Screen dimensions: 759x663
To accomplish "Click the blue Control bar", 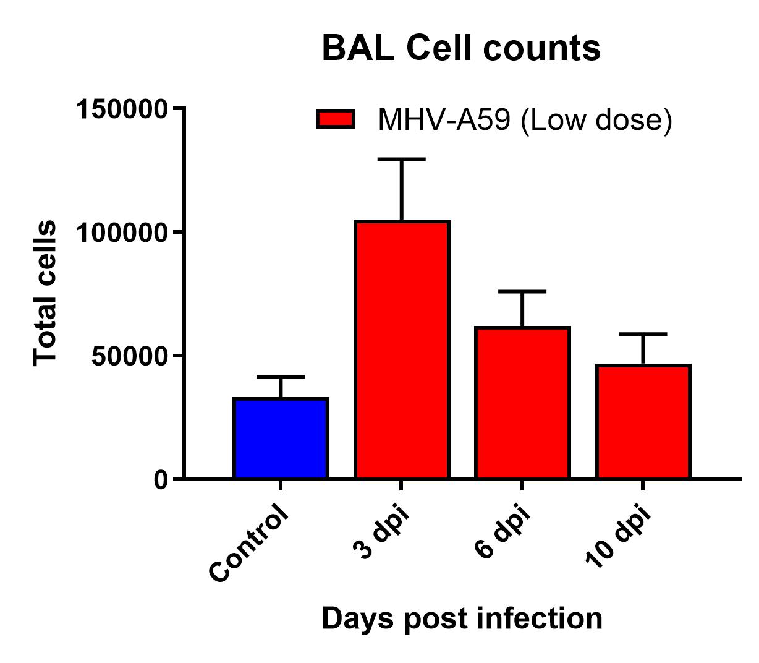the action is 281,438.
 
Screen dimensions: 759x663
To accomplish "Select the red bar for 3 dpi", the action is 402,349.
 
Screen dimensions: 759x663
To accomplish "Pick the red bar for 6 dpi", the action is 522,403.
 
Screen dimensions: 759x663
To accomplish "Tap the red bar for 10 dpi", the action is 643,422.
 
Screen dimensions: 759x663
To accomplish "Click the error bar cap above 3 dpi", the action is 402,159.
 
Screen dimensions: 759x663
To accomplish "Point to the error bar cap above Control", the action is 281,377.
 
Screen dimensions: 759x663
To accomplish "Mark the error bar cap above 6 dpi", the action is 522,292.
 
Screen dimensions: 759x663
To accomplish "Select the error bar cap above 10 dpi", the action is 643,334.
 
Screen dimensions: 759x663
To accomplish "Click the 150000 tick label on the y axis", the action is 121,109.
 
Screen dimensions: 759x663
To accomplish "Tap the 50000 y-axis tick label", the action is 129,356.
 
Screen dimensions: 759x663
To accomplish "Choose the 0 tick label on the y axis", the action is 160,481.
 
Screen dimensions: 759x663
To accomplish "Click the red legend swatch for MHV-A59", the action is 336,119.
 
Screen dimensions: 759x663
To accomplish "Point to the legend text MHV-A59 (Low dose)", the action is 525,120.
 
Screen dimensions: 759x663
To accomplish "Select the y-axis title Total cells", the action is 45,293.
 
